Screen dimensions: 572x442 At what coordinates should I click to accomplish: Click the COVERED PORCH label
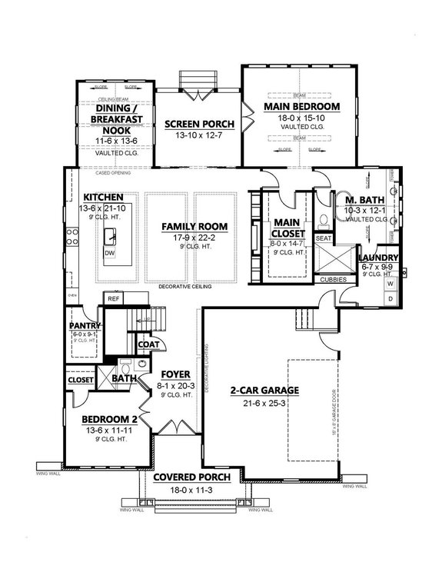pos(191,477)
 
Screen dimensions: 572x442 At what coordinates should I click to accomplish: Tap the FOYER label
pos(171,374)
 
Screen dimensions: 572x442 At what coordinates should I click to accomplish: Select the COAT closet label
pos(148,344)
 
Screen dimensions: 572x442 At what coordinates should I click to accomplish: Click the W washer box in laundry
pos(390,284)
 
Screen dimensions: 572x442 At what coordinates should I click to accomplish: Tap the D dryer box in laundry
pos(390,298)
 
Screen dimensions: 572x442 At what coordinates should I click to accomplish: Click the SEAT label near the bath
pos(324,238)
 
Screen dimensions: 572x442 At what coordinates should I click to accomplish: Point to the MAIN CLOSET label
pos(285,228)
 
